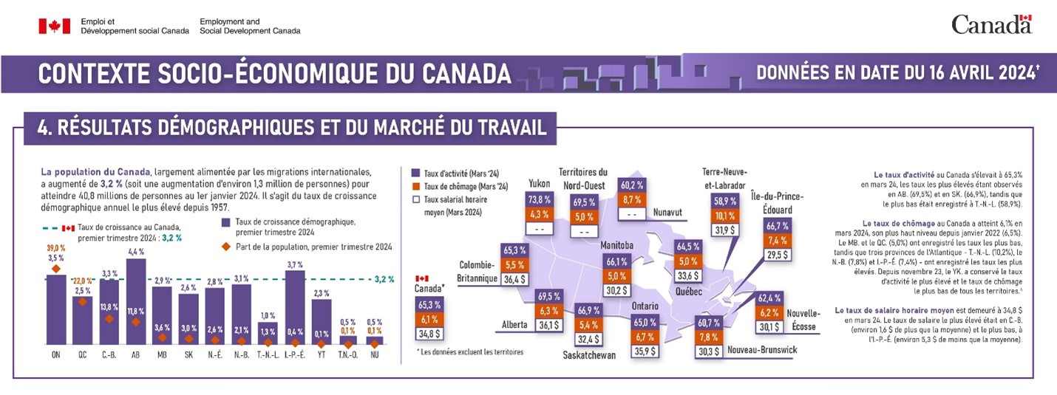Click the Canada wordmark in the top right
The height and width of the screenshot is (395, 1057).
tap(990, 25)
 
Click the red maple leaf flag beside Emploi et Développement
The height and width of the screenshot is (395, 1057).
tap(50, 27)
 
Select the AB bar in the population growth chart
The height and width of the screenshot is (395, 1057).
tap(136, 303)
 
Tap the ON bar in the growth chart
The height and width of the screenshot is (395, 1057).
tap(56, 310)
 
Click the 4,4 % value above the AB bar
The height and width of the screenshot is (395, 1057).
tap(136, 252)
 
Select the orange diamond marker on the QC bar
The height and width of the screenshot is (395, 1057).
tap(82, 302)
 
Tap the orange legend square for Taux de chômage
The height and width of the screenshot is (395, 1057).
tap(416, 186)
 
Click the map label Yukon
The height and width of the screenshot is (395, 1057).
tap(539, 184)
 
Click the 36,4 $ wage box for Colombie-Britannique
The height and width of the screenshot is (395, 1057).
tap(514, 280)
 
